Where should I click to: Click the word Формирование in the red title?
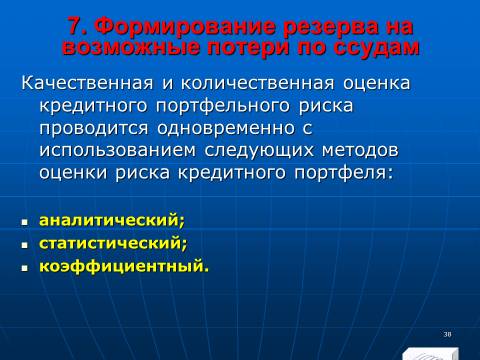pos(185,26)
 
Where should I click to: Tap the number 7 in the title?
pos(75,26)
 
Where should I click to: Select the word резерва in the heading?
pos(331,27)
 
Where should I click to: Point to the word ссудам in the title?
pos(376,47)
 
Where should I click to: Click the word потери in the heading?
pos(248,47)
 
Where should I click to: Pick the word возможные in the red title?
pos(131,47)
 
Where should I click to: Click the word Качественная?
pos(87,83)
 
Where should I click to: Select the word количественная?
pos(257,83)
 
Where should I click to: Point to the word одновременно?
pos(226,129)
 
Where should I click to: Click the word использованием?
pos(117,151)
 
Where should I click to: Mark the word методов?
pos(360,151)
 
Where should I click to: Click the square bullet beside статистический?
pos(24,245)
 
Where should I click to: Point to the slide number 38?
pos(447,334)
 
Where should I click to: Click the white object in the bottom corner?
pos(430,354)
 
